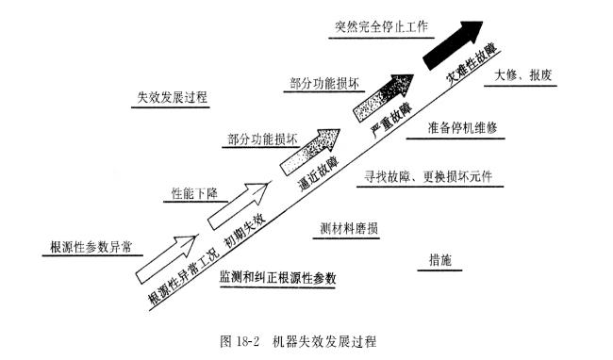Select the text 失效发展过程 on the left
(x=172, y=97)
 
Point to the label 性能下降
(x=194, y=193)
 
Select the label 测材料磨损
(x=350, y=229)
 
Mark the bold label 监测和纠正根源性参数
(x=278, y=279)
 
